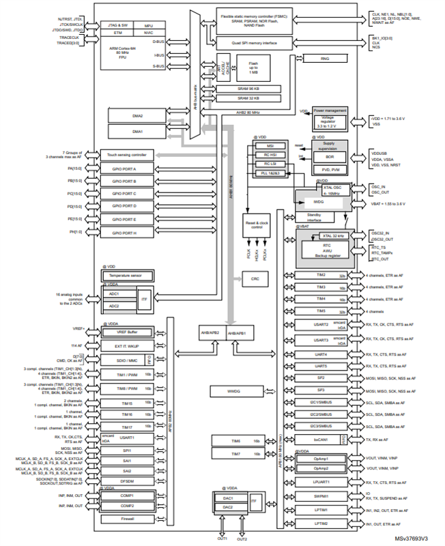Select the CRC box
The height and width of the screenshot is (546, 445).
255,278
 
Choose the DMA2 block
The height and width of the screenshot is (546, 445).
137,116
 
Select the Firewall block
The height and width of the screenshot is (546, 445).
128,519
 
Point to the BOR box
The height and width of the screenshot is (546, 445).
330,156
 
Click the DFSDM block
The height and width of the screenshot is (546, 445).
128,480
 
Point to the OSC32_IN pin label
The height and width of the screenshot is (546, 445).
382,232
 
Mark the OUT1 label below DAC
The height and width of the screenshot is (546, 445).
222,538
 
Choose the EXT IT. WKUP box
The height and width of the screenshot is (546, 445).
128,348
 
